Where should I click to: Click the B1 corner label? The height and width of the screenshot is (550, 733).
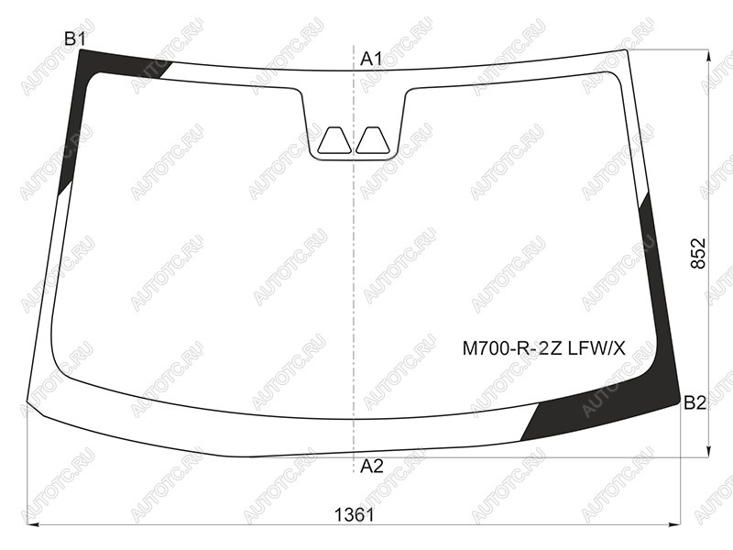click(75, 39)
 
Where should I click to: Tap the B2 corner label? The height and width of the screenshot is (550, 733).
click(695, 402)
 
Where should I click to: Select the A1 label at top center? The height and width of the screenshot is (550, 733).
click(371, 59)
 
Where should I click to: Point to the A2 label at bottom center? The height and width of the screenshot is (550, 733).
click(372, 466)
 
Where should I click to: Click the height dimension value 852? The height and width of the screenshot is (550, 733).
click(698, 254)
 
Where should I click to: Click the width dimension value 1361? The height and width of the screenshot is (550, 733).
click(355, 515)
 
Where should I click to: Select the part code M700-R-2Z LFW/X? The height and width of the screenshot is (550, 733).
click(543, 348)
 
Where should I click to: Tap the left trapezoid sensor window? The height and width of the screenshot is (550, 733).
click(334, 140)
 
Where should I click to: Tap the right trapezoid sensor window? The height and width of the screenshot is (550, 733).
click(373, 140)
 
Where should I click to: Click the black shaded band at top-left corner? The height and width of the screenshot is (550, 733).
click(84, 93)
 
